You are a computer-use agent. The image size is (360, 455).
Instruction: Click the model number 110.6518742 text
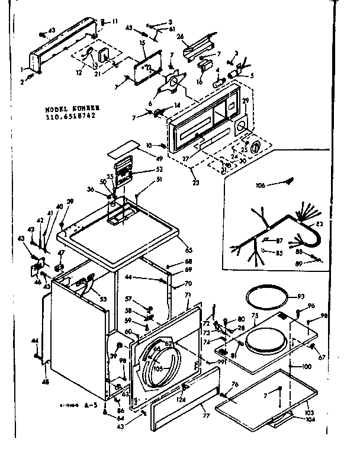point(70,117)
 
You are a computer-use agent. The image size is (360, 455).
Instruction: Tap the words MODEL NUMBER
point(70,110)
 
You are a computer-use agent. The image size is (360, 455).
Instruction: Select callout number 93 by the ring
point(301,296)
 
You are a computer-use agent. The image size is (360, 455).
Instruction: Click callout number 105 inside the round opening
point(157,367)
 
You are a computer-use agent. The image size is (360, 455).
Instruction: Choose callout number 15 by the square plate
point(142,44)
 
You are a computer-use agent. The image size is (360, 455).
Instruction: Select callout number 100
point(307,367)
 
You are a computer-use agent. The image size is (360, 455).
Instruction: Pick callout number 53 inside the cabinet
point(104,300)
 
